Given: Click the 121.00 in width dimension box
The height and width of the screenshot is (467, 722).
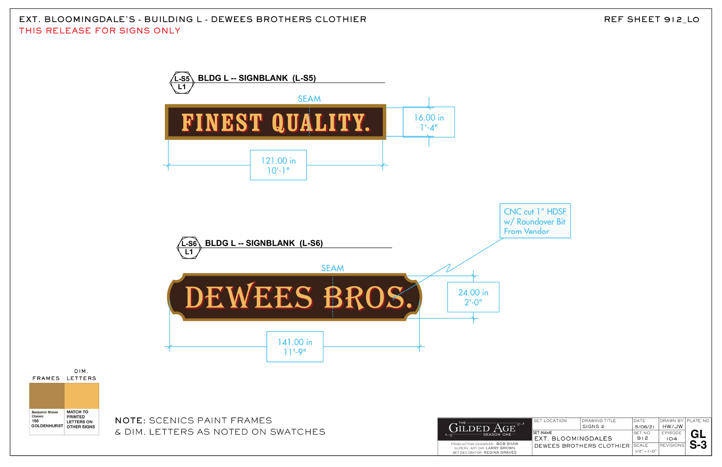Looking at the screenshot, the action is coord(278,165).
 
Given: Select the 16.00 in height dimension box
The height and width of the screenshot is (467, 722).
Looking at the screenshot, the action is coord(429,122).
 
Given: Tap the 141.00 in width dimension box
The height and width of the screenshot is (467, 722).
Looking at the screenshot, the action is coord(295,347).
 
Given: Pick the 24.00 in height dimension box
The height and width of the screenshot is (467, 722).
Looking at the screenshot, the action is coord(473,297).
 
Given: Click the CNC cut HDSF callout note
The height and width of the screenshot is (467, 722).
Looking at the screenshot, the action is coord(535,221).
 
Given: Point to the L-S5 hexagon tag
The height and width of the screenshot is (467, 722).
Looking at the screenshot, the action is coord(182,83).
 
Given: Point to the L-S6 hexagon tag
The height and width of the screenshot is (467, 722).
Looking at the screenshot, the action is coord(189,248).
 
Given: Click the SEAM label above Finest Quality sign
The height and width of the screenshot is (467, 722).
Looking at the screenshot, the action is coord(309,99).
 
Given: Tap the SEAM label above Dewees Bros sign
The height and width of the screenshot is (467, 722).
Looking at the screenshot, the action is coord(332,268).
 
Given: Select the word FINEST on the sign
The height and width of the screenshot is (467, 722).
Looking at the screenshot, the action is coord(222,123).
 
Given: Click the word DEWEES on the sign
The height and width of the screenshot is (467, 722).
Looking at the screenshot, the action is coord(249,297).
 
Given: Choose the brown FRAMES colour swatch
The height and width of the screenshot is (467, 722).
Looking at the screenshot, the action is coord(47,396).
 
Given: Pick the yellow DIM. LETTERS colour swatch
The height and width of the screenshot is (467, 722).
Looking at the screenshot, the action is coord(81,396).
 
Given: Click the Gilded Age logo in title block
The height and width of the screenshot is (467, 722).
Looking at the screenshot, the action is coord(484,429).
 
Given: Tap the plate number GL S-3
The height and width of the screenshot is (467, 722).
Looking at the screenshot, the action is coord(698,439).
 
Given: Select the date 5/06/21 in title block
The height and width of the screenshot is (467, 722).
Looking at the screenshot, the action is coord(645,427).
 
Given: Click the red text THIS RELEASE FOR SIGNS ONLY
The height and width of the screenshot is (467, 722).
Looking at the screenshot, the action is coord(100,31).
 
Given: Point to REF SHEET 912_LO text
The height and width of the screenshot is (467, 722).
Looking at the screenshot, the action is coord(651,19).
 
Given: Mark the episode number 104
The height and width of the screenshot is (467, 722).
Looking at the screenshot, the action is coord(672,439).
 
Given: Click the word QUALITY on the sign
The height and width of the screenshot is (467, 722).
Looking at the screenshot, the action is coord(321,123).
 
